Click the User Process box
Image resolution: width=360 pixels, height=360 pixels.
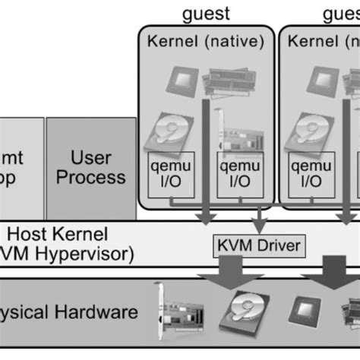click(x=87, y=167)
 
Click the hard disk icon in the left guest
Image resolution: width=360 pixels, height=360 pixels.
click(x=169, y=134)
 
